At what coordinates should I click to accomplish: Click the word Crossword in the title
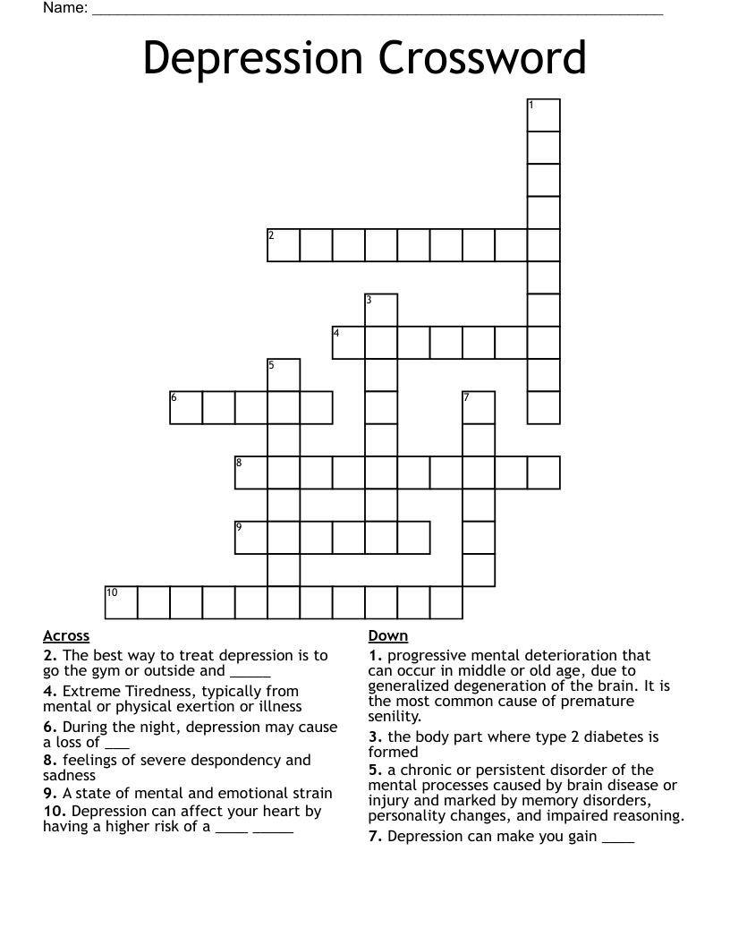(x=483, y=59)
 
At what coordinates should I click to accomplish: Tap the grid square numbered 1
(x=544, y=115)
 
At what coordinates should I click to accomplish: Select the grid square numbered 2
(x=284, y=245)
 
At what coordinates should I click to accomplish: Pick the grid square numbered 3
(x=381, y=310)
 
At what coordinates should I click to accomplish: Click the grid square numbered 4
(x=349, y=343)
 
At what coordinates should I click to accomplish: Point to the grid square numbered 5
(x=284, y=375)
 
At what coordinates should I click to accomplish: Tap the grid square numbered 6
(x=186, y=407)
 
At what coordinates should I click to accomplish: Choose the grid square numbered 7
(x=479, y=407)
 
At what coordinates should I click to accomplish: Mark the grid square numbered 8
(x=251, y=472)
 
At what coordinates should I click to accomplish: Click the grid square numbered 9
(x=251, y=537)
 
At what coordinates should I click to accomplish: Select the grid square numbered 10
(x=122, y=602)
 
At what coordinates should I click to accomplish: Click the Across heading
(x=66, y=636)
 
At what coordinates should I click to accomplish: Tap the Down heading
(x=388, y=636)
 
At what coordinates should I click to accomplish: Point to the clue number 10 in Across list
(x=55, y=812)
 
